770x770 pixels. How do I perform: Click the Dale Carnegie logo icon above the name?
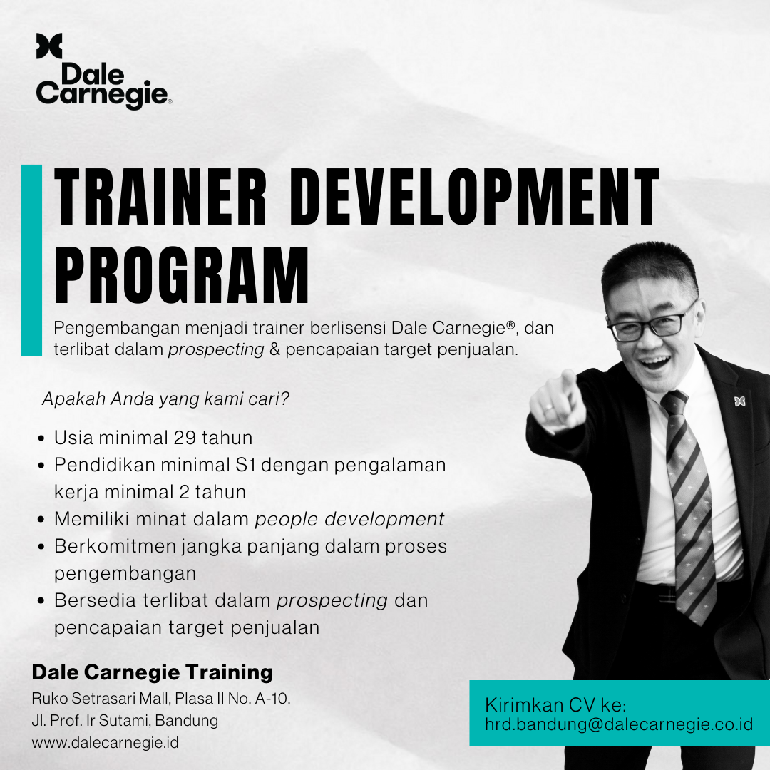49,46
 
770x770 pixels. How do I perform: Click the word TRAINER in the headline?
160,197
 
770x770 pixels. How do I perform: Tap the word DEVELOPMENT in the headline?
474,197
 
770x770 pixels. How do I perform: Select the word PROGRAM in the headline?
182,274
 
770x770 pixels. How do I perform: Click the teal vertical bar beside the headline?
32,260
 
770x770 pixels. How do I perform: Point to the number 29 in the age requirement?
185,438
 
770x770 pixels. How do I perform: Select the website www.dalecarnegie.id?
105,742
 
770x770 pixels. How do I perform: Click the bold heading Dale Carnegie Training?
153,673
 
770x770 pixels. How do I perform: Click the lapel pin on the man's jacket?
739,401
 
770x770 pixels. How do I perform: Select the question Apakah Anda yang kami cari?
166,399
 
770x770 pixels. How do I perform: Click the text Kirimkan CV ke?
555,705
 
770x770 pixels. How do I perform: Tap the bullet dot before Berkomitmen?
41,547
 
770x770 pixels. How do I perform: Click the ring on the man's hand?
548,406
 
